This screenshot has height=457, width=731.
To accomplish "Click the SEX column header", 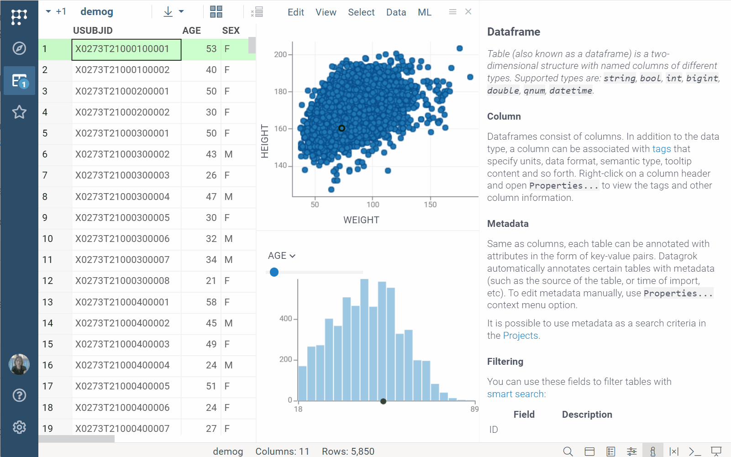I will tap(231, 31).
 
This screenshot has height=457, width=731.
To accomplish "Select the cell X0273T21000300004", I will tap(122, 197).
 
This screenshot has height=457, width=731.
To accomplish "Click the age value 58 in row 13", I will tap(211, 302).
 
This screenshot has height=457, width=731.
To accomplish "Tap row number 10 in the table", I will tap(47, 239).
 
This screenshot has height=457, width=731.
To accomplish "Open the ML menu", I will tap(424, 12).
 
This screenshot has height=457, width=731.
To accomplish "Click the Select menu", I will tap(361, 12).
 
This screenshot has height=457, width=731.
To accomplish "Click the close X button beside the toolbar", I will tap(468, 12).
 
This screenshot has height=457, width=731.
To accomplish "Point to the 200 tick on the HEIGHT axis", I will tap(280, 55).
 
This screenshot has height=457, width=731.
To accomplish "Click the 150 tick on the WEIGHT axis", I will tap(430, 205).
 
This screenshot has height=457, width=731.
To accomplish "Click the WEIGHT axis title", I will tap(361, 220).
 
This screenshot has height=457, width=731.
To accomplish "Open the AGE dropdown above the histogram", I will tap(281, 256).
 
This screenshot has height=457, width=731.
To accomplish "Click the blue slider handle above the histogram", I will tap(274, 272).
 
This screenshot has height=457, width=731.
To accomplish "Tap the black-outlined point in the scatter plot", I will tap(342, 128).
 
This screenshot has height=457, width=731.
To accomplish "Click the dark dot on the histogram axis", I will tap(383, 401).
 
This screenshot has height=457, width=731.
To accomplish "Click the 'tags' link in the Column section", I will tap(661, 149).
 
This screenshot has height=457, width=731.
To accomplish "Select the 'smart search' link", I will tap(515, 394).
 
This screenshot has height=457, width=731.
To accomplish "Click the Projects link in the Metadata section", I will tap(520, 336).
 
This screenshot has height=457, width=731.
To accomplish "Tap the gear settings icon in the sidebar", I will tap(19, 427).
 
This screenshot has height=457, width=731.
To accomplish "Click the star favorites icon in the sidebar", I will tap(19, 112).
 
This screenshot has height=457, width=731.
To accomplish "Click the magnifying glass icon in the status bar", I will tap(568, 451).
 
